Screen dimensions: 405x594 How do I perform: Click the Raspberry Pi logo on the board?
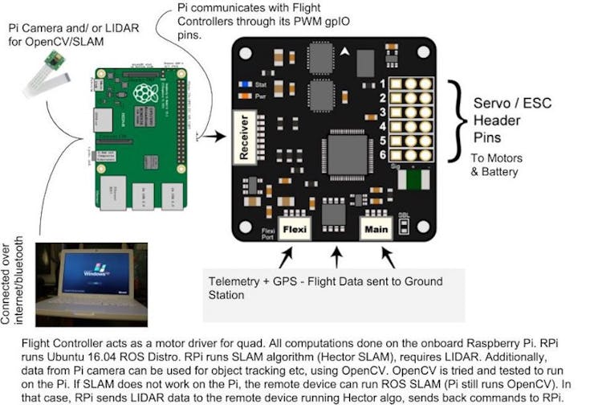point(145,92)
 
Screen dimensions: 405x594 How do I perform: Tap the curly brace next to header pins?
point(458,121)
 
